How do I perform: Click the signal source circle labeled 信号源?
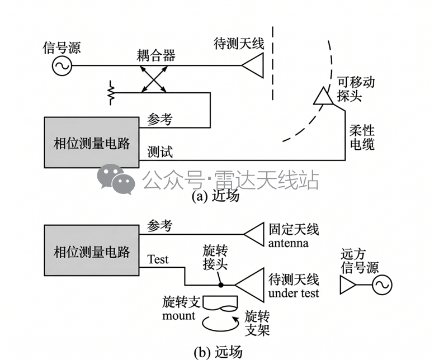62,65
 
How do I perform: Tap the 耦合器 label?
156,55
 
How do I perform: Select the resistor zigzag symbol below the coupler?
111,93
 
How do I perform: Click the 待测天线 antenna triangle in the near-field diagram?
252,65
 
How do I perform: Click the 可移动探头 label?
355,89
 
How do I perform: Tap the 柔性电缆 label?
362,138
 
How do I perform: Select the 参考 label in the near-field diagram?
160,119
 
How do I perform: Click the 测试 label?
160,151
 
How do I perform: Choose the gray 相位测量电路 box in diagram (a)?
92,142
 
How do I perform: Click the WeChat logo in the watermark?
116,179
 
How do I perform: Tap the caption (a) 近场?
215,196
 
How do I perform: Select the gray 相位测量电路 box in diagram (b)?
92,250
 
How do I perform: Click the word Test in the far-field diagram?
158,259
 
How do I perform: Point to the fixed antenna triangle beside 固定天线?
254,234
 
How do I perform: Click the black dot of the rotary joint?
220,285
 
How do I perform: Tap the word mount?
179,315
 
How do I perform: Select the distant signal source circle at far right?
382,285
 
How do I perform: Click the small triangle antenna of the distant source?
348,285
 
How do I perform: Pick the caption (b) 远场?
218,352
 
